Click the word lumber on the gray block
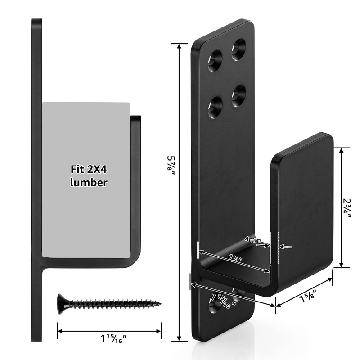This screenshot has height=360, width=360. (88, 183)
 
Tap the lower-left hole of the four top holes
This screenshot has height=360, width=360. (215, 107)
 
